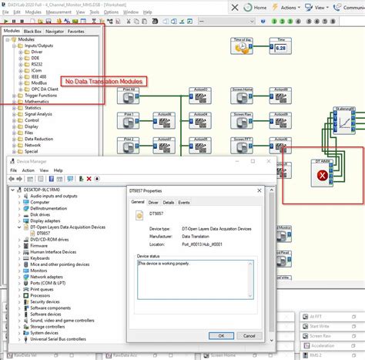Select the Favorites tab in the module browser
[76, 32]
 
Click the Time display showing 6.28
[280, 47]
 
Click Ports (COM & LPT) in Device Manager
[47, 294]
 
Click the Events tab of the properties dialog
[185, 202]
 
